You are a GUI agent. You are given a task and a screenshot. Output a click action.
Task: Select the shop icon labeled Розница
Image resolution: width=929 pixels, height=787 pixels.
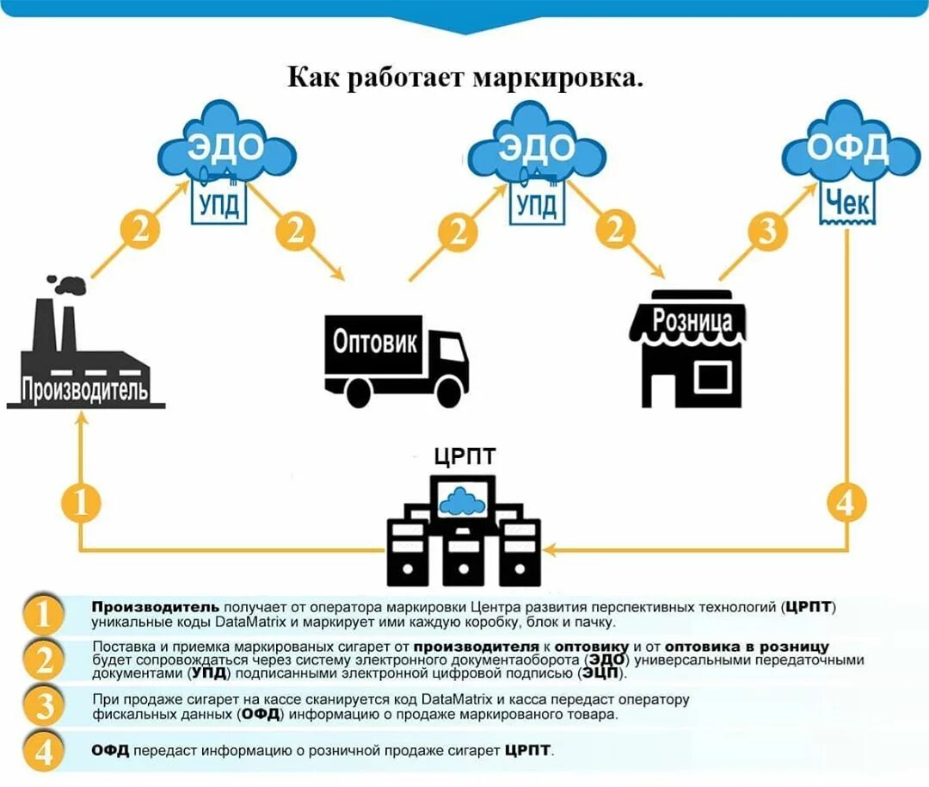click(692, 349)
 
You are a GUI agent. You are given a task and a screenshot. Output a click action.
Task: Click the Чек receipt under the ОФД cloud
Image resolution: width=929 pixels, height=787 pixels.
click(847, 203)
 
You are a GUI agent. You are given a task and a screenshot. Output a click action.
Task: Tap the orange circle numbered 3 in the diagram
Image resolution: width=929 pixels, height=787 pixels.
click(767, 231)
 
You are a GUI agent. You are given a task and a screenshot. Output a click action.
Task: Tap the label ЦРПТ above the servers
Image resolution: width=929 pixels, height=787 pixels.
click(465, 455)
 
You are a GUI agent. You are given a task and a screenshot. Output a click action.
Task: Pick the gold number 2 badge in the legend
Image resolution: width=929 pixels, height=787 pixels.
click(43, 660)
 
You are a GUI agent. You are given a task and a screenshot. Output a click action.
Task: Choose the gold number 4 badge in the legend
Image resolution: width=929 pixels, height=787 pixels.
click(43, 751)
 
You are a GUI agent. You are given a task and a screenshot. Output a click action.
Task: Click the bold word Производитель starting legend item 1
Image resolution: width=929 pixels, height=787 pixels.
click(156, 607)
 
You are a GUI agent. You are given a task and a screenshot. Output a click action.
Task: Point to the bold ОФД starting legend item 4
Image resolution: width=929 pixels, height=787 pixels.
click(110, 751)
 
